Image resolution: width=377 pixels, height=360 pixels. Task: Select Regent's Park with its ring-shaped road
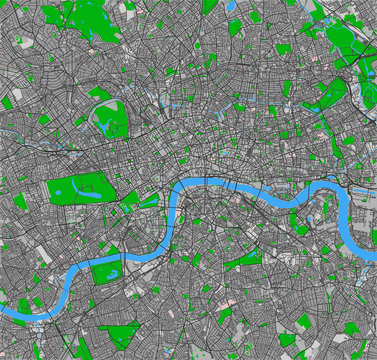pyautogui.click(x=110, y=118)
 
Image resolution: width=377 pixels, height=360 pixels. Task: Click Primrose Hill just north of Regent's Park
pyautogui.click(x=102, y=94)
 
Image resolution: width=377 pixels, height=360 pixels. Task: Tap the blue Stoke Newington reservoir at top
pyautogui.click(x=232, y=6)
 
